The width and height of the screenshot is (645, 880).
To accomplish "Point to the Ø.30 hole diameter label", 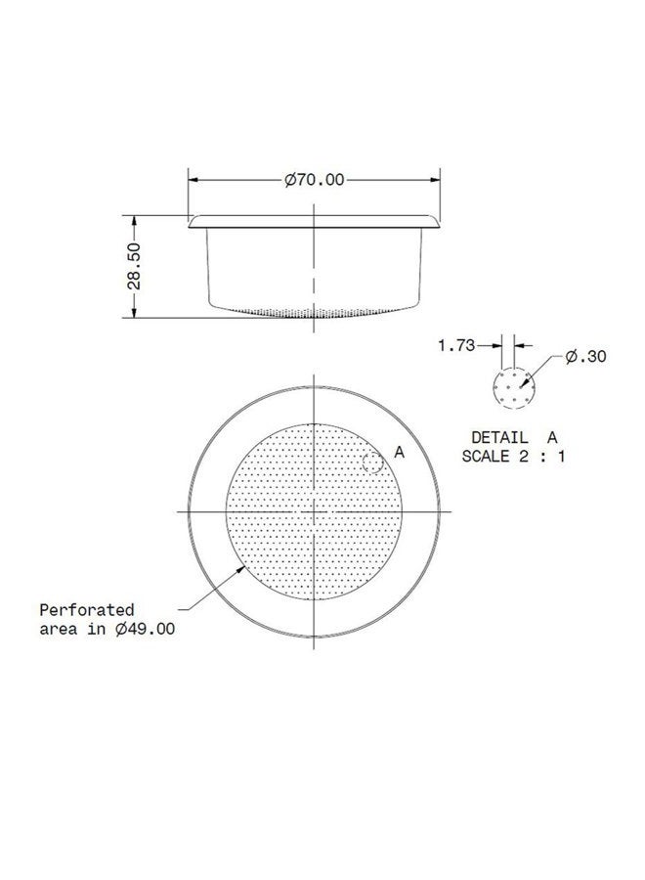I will tap(585, 357).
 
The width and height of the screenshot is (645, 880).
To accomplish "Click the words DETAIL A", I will tap(514, 437).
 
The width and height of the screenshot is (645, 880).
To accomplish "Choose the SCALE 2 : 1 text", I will tap(514, 456).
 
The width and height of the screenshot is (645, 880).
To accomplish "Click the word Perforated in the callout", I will tap(87, 609).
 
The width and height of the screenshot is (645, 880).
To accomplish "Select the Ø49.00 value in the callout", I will tap(145, 629).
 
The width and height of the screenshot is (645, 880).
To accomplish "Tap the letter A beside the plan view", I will tap(399, 451).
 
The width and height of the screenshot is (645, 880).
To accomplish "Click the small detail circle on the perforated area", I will tap(372, 463).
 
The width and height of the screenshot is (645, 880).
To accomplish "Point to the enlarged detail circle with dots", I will tap(514, 388).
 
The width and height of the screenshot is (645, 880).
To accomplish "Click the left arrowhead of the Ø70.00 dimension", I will tap(193, 180).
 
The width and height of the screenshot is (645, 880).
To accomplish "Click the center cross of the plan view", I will tap(313, 510).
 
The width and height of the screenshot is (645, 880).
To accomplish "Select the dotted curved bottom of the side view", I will tap(313, 314).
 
